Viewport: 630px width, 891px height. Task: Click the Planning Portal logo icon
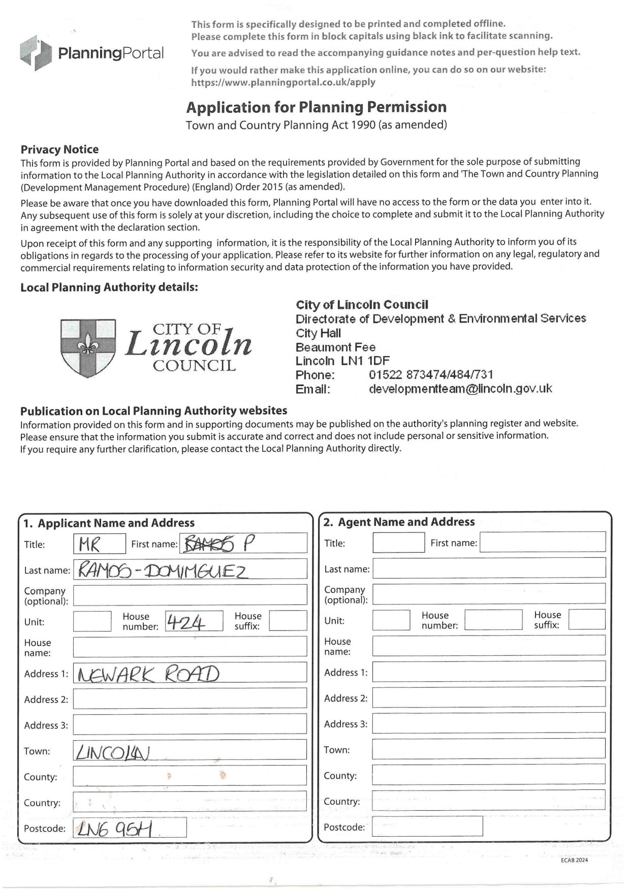(x=36, y=52)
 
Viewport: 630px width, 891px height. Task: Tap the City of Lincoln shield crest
(x=88, y=347)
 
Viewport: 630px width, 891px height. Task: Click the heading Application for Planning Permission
(x=316, y=107)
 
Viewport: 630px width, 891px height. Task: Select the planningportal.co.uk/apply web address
(x=283, y=82)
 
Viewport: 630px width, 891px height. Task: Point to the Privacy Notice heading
(x=59, y=149)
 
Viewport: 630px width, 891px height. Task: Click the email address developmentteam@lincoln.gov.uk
(x=460, y=389)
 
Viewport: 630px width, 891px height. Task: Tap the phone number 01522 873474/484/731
(x=431, y=375)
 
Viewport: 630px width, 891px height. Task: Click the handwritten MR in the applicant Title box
(x=89, y=545)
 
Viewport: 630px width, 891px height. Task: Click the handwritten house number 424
(x=186, y=622)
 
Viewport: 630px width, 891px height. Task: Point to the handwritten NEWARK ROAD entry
(x=147, y=674)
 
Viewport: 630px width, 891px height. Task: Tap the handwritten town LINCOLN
(x=113, y=751)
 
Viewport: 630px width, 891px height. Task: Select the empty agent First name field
(x=542, y=543)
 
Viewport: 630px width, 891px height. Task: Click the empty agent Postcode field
(x=427, y=826)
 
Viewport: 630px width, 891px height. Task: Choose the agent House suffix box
(x=586, y=620)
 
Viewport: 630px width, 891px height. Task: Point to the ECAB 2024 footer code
(x=575, y=860)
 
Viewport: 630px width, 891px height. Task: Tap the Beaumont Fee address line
(x=336, y=347)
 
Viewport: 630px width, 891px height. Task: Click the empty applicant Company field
(x=190, y=595)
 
